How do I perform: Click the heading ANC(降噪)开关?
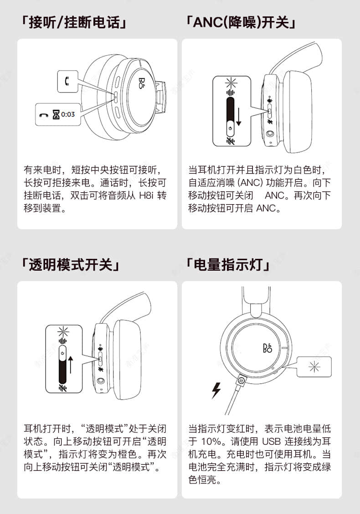(x=241, y=22)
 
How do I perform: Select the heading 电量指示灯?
(x=228, y=264)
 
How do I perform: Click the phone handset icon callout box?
(x=67, y=82)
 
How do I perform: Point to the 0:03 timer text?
(x=68, y=114)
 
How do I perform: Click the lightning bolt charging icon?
(x=216, y=390)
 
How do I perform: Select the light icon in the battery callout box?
(x=314, y=366)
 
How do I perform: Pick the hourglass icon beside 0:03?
(x=56, y=114)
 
